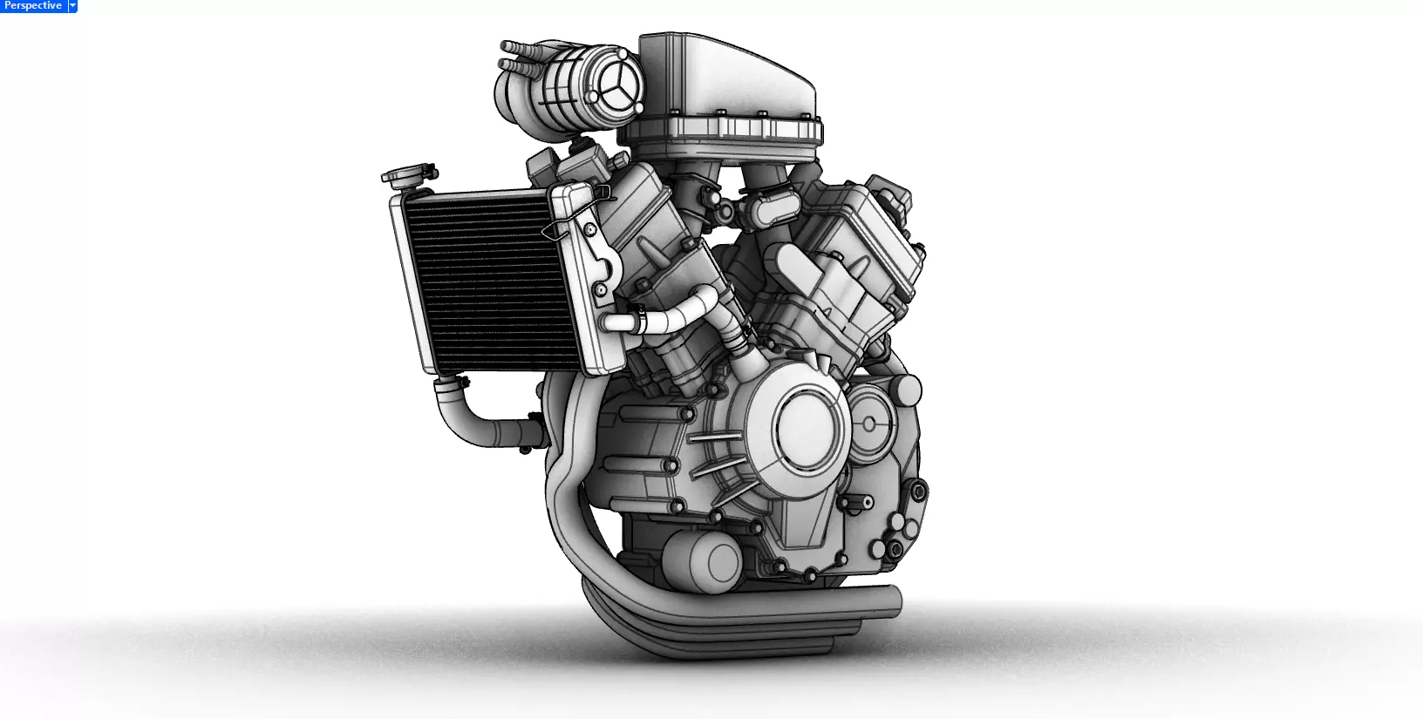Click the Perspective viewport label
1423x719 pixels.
(x=33, y=6)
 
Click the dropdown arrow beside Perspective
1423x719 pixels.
(x=73, y=6)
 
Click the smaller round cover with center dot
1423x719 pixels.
(x=870, y=424)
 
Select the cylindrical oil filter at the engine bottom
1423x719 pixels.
(x=705, y=560)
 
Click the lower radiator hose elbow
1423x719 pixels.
(x=462, y=418)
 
